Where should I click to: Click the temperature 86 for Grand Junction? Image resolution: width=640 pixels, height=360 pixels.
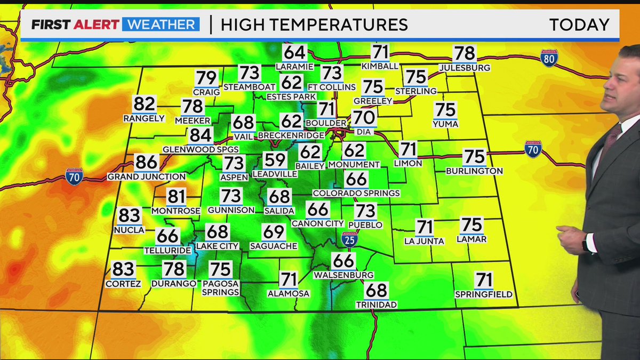click(x=147, y=162)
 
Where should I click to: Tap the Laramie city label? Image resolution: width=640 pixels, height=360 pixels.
click(x=294, y=67)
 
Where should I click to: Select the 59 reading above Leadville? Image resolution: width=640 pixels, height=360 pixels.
click(x=275, y=160)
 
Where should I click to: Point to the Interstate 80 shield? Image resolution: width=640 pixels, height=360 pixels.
click(x=549, y=58)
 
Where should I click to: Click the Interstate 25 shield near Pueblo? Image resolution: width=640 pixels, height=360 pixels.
click(x=350, y=238)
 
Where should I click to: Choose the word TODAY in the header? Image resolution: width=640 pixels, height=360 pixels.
click(x=579, y=25)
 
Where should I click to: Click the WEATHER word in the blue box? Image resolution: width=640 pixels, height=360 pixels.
click(x=161, y=25)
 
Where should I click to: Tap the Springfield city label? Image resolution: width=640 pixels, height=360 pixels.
click(x=484, y=294)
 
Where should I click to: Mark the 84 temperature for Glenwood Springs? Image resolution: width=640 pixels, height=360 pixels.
click(x=201, y=135)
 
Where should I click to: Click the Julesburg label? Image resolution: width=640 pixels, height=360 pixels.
click(x=465, y=68)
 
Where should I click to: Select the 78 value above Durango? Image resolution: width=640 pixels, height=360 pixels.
click(x=174, y=269)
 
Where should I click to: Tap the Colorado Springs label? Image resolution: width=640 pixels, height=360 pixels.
click(x=356, y=193)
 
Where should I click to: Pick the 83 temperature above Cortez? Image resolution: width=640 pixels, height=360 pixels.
click(x=123, y=269)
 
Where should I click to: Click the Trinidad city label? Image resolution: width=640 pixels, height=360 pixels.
click(x=377, y=305)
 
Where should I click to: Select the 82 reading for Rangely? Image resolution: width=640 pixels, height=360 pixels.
click(x=145, y=104)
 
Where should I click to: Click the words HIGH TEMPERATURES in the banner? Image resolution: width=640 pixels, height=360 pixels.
click(x=314, y=25)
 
